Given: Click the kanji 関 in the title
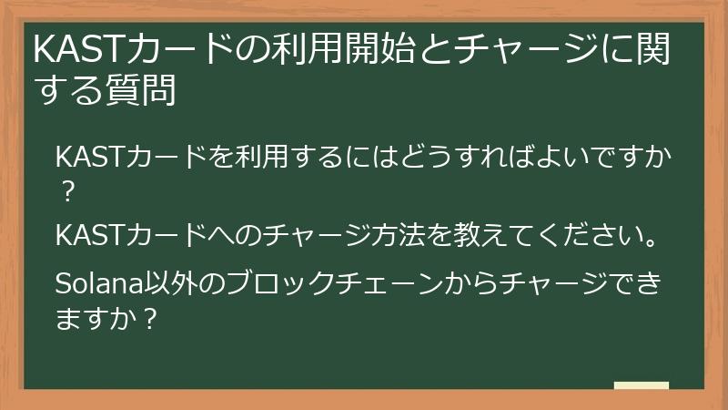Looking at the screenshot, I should (653, 52).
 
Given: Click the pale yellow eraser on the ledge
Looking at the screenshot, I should (641, 385).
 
